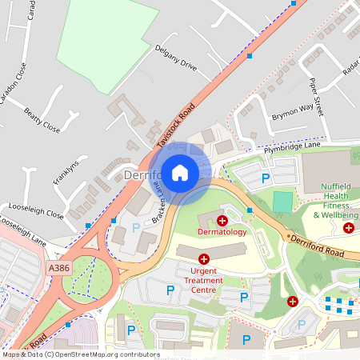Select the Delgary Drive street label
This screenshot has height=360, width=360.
(175, 57)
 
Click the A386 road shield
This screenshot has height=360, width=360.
(58, 268)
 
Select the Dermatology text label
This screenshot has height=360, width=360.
(222, 232)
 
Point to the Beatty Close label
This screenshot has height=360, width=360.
(42, 120)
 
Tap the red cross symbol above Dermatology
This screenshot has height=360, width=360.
(222, 219)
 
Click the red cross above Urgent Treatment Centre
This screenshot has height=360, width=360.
(204, 259)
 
